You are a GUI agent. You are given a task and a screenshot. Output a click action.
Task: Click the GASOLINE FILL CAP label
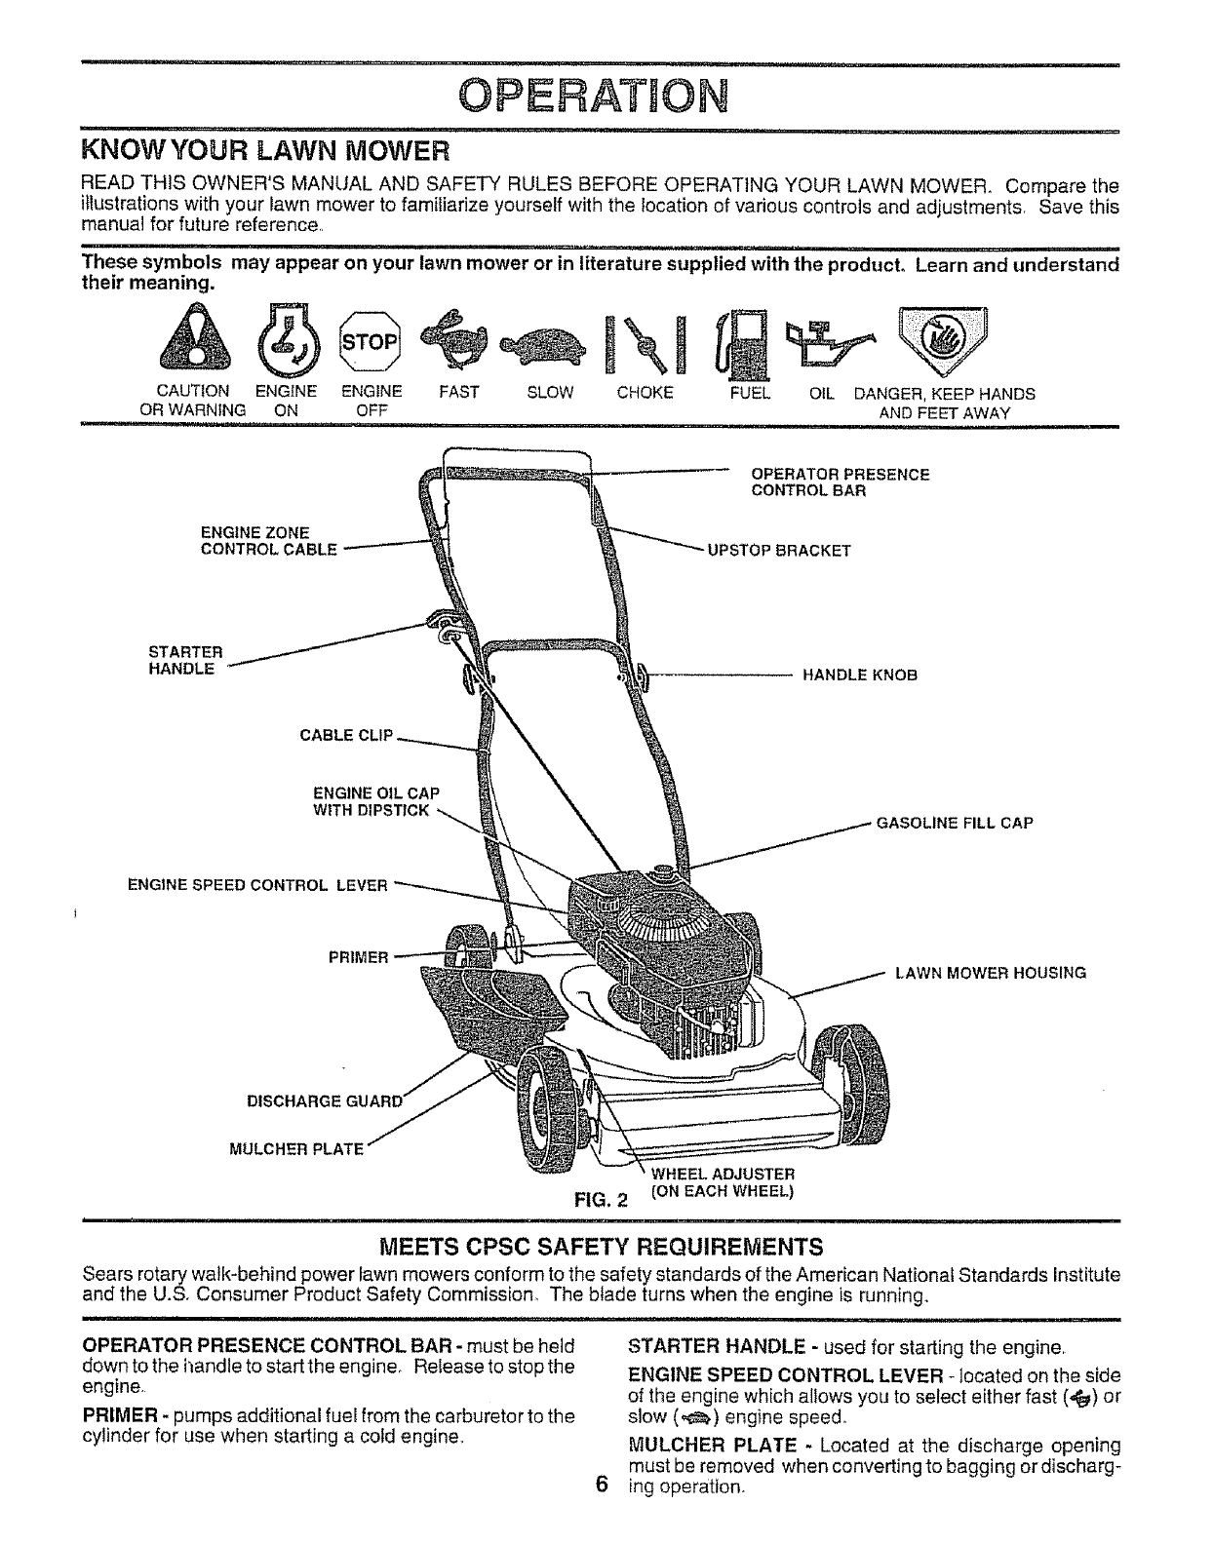[955, 823]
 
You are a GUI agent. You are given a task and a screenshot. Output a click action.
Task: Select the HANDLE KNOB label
[859, 675]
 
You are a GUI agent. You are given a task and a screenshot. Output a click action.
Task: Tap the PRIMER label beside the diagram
[358, 957]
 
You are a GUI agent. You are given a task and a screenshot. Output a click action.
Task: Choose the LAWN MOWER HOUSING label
[991, 972]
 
